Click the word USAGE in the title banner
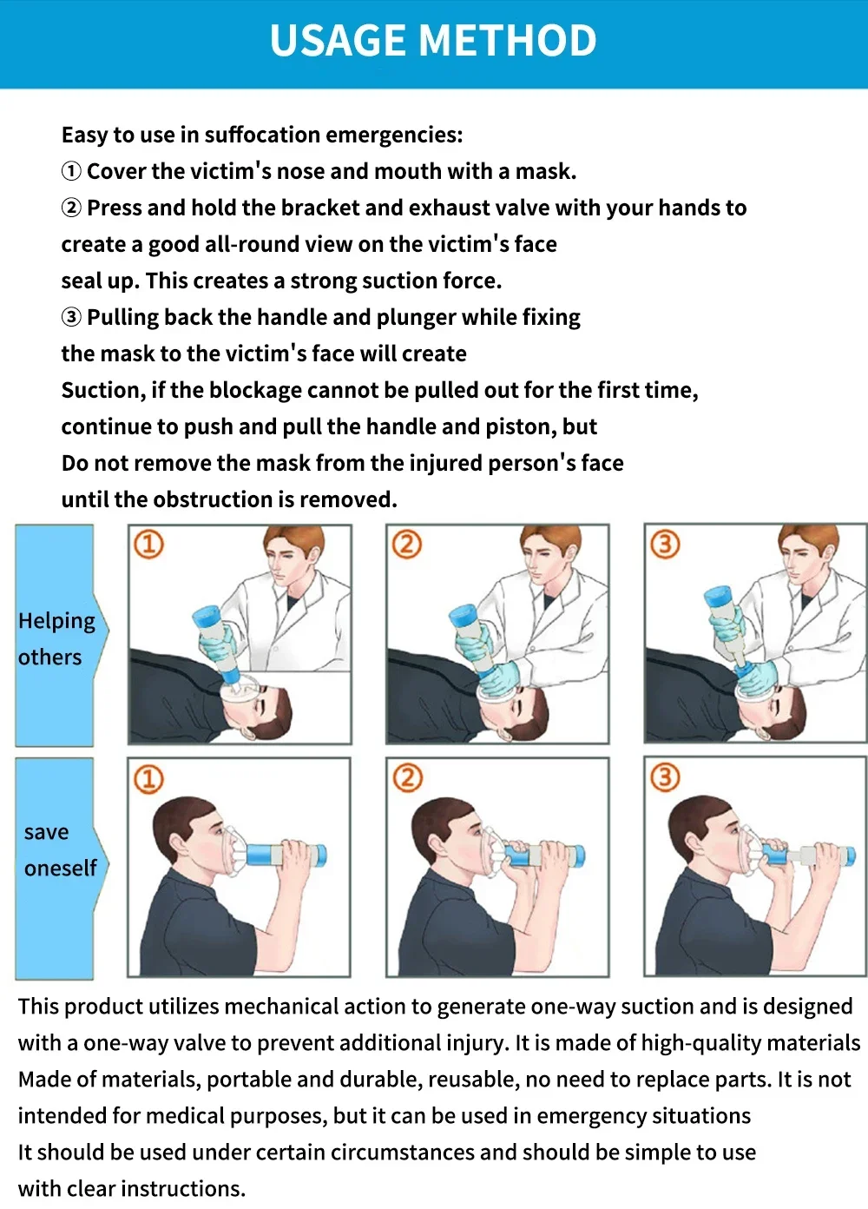pos(339,41)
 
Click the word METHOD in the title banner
pos(508,41)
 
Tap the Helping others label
pos(56,638)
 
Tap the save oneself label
pos(59,849)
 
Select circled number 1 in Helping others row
pos(148,545)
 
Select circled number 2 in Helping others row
pos(407,545)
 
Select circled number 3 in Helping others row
pos(665,545)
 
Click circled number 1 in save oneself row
pos(148,778)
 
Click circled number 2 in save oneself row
pos(407,778)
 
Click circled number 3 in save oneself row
pos(665,778)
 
